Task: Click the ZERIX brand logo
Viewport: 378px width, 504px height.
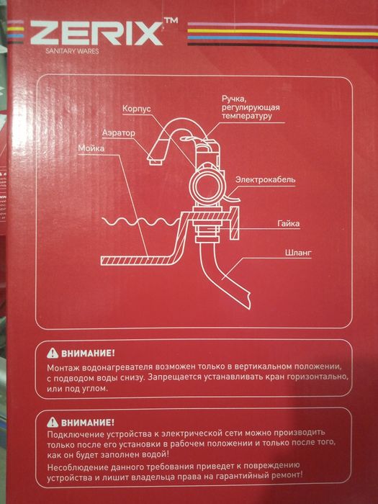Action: tap(96, 33)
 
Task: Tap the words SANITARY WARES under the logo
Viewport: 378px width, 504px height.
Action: tap(72, 51)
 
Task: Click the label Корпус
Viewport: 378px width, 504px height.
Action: tap(137, 109)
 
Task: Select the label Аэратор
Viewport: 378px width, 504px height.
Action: tap(119, 132)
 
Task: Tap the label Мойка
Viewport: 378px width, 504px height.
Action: tap(91, 148)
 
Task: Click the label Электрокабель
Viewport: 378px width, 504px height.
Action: tap(265, 179)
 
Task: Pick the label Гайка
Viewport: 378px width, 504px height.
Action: tap(289, 223)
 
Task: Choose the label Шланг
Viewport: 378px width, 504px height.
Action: tap(298, 253)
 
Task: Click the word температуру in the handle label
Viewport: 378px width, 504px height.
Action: tap(246, 116)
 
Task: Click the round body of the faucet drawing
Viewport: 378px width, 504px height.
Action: tap(206, 186)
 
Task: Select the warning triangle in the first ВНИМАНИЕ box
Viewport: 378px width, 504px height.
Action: tap(53, 354)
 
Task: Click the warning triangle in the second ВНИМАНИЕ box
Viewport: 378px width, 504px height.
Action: tap(53, 422)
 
